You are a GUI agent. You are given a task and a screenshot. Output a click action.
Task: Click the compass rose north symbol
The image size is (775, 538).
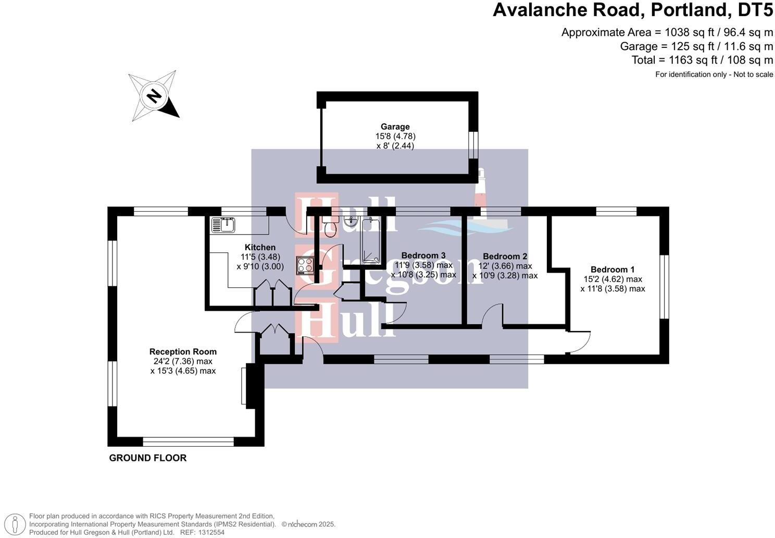154,96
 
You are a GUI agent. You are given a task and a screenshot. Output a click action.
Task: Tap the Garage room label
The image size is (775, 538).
395,127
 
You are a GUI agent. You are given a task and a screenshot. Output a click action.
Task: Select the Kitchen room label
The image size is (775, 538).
260,248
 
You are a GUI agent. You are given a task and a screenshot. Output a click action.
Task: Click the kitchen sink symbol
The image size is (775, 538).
223,225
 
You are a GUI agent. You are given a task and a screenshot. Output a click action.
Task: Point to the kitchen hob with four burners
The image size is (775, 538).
305,266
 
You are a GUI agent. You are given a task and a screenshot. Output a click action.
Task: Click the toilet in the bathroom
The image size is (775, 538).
330,227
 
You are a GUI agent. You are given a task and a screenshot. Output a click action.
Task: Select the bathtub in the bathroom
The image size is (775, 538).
371,240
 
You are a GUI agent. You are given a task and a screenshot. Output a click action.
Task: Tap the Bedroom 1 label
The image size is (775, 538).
612,270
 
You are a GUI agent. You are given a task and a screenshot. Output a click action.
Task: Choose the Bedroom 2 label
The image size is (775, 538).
505,256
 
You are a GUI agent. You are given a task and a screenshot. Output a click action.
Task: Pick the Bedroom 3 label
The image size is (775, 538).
423,255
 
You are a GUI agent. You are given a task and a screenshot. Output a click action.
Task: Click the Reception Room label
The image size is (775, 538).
183,352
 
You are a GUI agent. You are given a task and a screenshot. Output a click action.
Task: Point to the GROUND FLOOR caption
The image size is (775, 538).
147,458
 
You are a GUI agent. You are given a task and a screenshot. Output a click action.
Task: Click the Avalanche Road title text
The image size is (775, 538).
633,10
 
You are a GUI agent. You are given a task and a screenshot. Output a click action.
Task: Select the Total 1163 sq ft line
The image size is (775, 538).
702,60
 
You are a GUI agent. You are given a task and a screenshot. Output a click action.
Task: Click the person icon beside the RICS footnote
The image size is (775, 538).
17,524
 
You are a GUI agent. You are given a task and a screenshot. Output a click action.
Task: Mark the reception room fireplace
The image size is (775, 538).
248,385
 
